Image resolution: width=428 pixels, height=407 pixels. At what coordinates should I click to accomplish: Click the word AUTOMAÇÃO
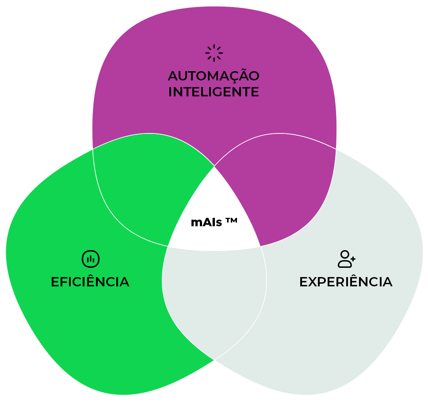[214, 76]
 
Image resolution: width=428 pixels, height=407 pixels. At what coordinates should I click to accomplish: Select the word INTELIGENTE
[214, 92]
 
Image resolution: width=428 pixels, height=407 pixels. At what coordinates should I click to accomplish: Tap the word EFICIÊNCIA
[90, 282]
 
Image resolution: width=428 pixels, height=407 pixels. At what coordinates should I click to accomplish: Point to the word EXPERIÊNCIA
[346, 282]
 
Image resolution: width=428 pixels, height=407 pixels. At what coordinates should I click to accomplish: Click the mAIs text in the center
[206, 222]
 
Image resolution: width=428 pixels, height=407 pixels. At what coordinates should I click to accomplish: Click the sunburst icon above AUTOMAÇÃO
[214, 53]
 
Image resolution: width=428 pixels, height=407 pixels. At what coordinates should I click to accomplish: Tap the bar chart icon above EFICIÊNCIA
[91, 259]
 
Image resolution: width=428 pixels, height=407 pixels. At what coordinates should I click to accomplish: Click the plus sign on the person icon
[353, 258]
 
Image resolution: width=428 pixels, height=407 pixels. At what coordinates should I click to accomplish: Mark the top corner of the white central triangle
[214, 166]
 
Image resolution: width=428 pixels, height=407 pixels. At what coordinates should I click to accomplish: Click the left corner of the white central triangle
[168, 246]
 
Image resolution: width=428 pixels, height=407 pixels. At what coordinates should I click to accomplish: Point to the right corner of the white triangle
[260, 246]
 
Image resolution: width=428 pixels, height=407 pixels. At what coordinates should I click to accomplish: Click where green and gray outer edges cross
[214, 360]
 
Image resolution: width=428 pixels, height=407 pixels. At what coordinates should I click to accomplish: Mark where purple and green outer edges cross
[93, 149]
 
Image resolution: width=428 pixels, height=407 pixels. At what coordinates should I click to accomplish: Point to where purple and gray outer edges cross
[336, 149]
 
